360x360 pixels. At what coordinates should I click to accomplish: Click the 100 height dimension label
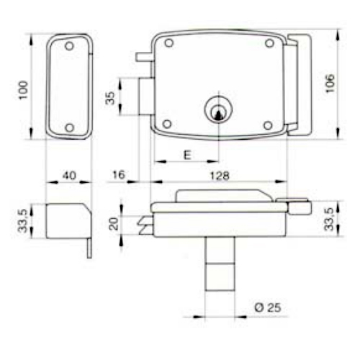tap(24, 90)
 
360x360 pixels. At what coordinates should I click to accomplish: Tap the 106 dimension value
tap(330, 84)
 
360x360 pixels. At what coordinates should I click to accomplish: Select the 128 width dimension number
tap(220, 176)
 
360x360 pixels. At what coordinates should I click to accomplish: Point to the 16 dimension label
tap(119, 175)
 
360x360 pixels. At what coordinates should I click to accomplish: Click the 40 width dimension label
tap(69, 176)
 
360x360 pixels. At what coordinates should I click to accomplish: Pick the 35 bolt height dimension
tap(110, 98)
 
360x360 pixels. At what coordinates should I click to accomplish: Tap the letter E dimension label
tap(187, 155)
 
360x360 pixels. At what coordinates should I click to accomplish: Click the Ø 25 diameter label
tap(268, 307)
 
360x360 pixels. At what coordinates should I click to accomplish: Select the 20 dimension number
tap(114, 224)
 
